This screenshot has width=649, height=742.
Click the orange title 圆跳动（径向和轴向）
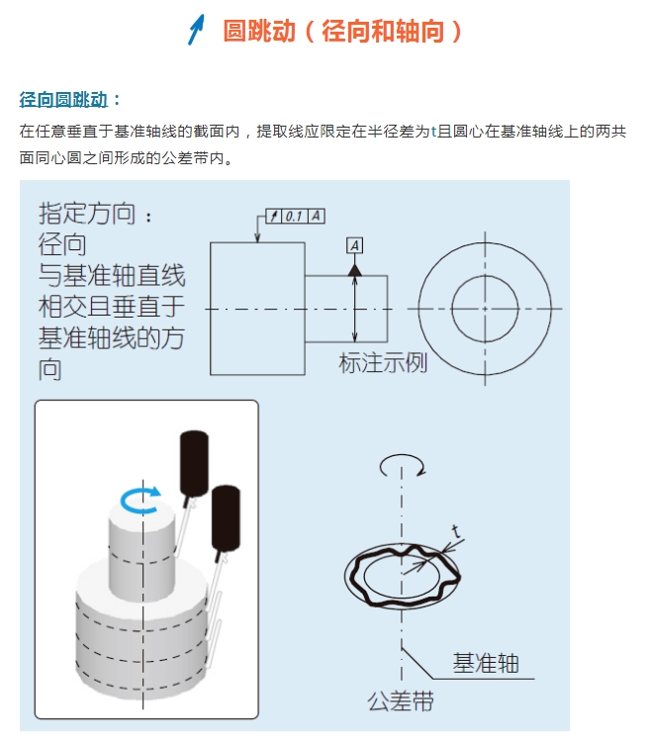click(342, 31)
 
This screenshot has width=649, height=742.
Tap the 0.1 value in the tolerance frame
click(294, 216)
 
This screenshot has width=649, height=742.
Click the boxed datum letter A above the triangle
click(355, 244)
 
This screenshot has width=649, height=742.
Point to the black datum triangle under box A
click(355, 268)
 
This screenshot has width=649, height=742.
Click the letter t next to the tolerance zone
click(454, 530)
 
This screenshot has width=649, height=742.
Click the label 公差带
click(401, 703)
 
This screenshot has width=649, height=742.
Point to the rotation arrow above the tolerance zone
click(401, 462)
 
